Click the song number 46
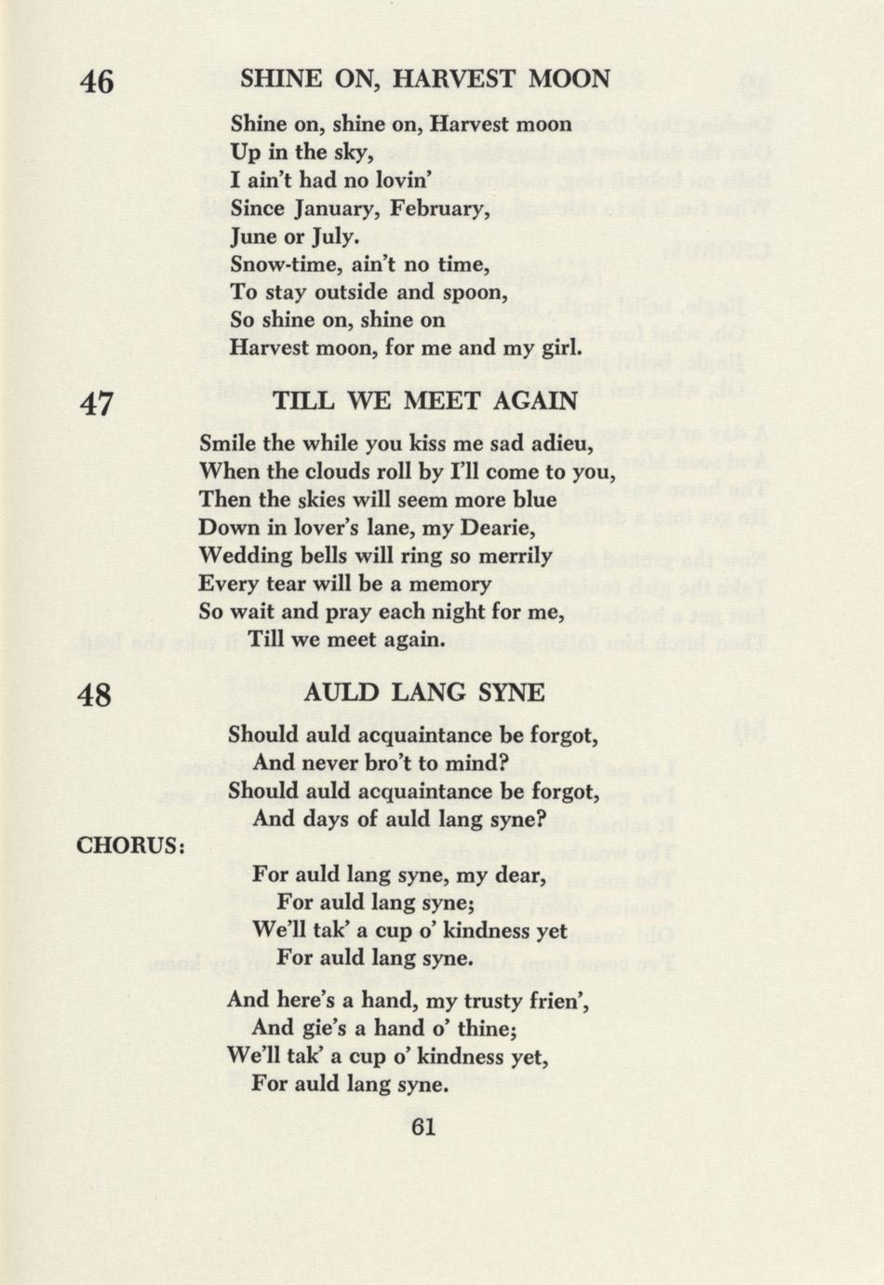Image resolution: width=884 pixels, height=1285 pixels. [97, 82]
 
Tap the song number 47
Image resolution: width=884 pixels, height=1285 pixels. [97, 404]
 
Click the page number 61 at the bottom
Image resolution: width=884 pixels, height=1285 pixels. [423, 1127]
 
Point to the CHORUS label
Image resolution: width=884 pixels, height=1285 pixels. [130, 845]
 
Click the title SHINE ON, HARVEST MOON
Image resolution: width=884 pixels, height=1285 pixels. [425, 79]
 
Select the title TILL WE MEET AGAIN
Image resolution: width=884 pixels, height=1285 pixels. [425, 401]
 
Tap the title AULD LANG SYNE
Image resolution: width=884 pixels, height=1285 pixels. [423, 692]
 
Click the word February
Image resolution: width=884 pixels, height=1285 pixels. [439, 209]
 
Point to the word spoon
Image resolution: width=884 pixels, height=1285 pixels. [476, 292]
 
